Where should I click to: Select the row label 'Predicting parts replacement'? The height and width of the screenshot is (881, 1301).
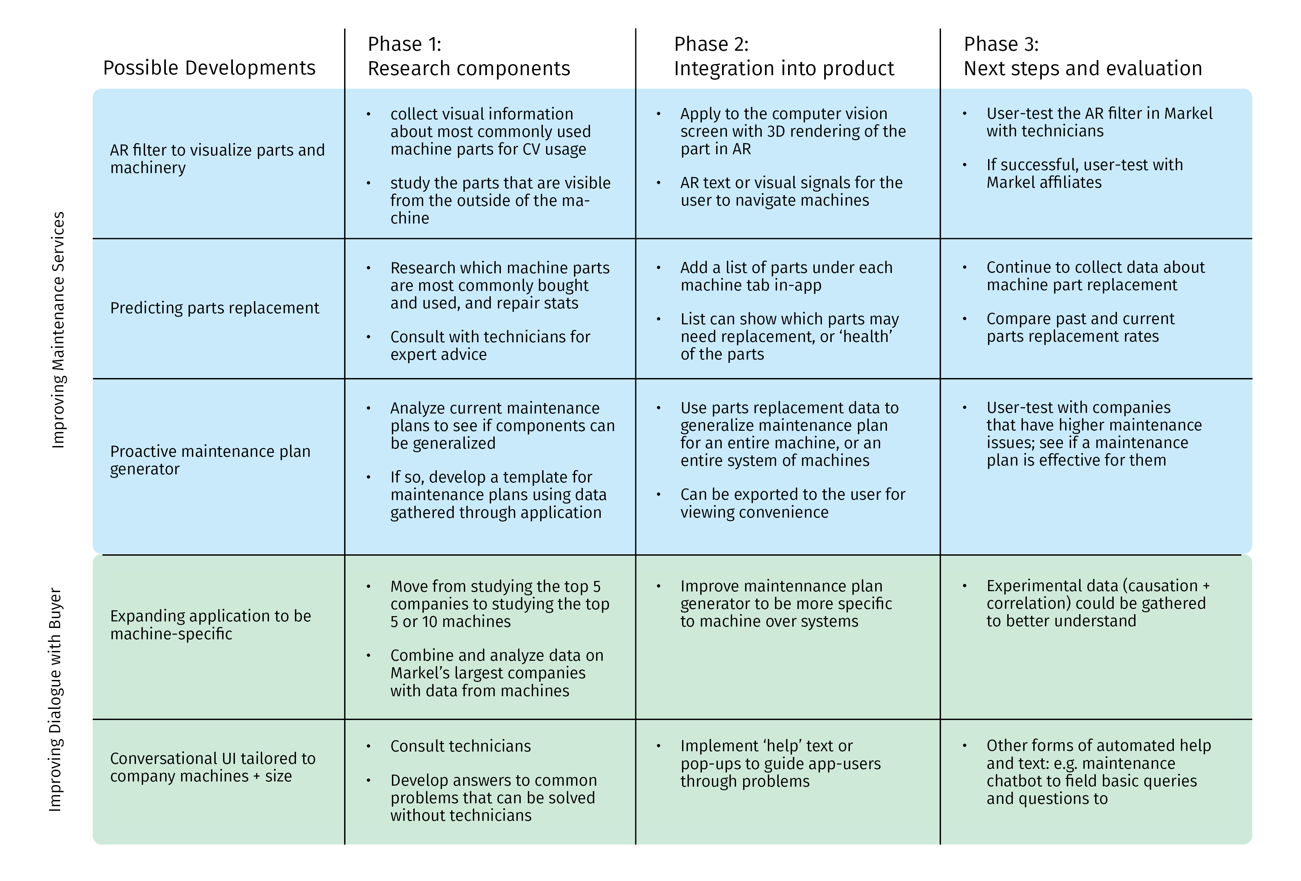coord(214,308)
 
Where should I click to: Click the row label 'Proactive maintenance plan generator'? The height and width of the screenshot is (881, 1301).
coord(210,460)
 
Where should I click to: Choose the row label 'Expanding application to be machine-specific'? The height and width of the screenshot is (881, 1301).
coord(210,625)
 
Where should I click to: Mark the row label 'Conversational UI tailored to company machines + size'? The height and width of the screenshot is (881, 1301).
coord(213,767)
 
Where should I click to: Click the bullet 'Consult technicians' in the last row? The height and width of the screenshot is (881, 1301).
coord(460,746)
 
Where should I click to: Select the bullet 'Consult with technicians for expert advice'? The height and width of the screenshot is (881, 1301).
coord(490,346)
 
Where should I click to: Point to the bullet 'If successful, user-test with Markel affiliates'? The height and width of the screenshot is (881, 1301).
coord(1084,174)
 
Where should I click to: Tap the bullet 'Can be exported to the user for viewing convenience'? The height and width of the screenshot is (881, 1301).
coord(792,503)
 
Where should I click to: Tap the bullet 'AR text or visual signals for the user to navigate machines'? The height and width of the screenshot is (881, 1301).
coord(791,192)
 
